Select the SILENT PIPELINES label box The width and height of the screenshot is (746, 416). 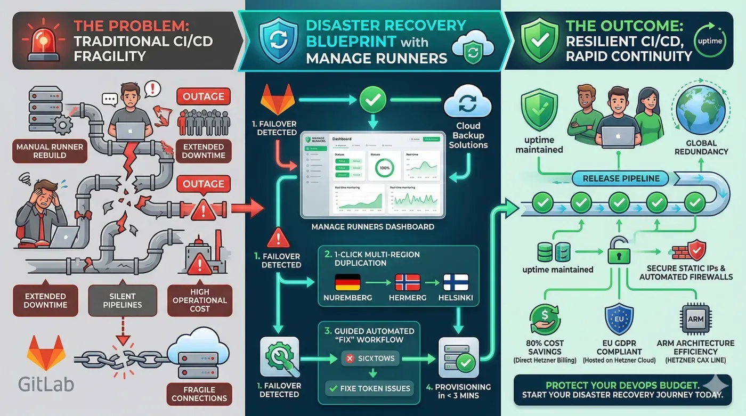tap(122, 301)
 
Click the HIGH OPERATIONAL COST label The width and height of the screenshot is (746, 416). tap(199, 300)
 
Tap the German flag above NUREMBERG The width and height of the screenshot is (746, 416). tap(347, 282)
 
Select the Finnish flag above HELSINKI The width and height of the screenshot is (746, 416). tap(456, 282)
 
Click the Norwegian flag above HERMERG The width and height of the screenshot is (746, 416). tap(408, 282)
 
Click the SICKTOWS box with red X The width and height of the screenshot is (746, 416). tap(370, 358)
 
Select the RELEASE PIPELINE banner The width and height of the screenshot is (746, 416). tap(621, 178)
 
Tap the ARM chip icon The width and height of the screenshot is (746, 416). tap(695, 318)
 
